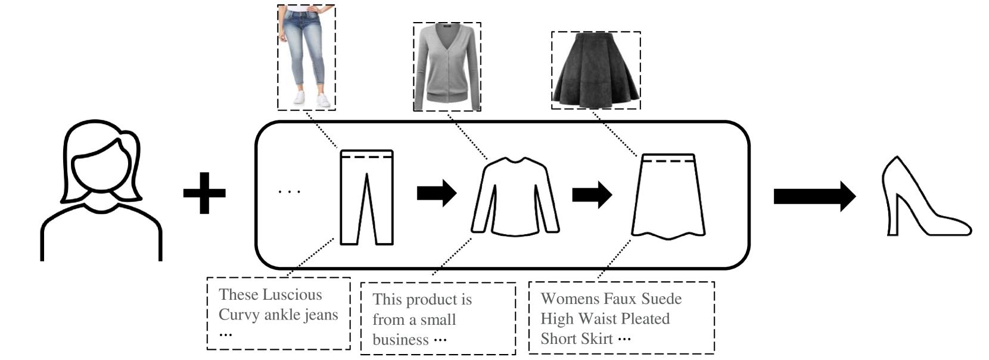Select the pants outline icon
(366, 197)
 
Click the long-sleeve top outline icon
(515, 196)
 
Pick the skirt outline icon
(668, 196)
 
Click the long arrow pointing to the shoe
(814, 196)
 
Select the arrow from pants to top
(436, 193)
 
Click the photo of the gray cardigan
(447, 67)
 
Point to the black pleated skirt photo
(596, 70)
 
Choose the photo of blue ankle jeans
(306, 57)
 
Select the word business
(400, 340)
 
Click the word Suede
(658, 299)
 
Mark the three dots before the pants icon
(290, 192)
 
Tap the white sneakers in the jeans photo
(310, 99)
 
